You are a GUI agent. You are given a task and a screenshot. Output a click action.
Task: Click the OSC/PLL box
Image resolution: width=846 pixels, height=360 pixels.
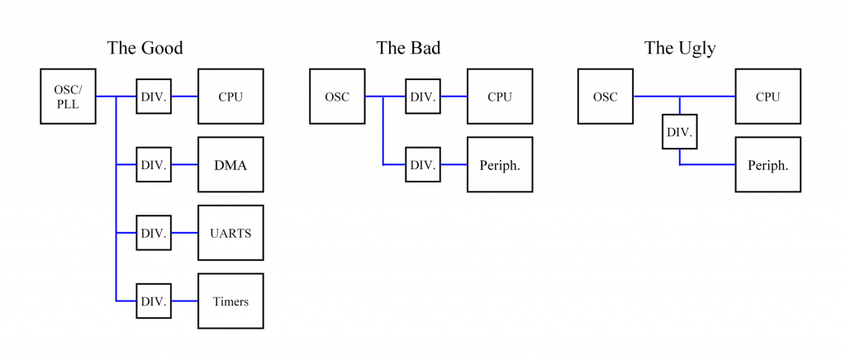[68, 97]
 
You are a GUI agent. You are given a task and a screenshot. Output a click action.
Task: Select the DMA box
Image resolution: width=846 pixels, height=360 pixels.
[231, 164]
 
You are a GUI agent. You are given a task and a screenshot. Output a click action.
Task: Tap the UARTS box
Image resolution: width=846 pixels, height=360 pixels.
[231, 233]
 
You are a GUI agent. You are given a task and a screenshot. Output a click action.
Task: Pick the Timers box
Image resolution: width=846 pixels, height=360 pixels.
[231, 301]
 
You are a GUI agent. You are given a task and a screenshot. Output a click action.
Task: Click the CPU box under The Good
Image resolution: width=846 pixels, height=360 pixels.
[231, 97]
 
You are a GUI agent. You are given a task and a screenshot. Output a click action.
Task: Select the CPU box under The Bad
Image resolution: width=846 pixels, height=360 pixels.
[500, 97]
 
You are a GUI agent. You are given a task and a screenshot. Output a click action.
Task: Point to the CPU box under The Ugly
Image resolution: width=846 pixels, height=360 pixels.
[768, 97]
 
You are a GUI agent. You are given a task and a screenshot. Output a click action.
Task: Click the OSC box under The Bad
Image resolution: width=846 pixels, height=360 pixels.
[337, 97]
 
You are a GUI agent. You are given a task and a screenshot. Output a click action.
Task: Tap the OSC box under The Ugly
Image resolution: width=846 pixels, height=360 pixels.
[606, 97]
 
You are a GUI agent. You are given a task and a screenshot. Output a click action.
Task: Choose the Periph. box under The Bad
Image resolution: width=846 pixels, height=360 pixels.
[500, 164]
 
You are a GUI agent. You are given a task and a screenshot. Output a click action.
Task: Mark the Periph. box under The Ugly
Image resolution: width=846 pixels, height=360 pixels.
[768, 164]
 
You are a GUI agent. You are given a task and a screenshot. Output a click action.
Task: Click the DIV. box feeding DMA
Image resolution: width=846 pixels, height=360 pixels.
[154, 164]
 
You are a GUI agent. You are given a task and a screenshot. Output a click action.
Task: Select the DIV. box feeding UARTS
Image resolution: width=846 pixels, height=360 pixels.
[154, 233]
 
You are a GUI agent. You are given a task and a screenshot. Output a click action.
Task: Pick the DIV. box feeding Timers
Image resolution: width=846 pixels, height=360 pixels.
[154, 301]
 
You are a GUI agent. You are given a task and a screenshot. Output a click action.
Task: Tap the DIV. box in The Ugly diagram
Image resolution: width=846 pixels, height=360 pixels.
[680, 131]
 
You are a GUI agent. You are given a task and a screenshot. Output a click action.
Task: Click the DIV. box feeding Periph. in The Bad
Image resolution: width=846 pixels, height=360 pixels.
[423, 164]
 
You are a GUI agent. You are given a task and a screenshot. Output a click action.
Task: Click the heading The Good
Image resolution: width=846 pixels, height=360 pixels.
[145, 48]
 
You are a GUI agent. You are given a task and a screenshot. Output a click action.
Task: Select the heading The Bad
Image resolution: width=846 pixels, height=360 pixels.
[408, 48]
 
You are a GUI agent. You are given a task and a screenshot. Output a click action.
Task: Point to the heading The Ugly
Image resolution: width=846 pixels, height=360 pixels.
[680, 49]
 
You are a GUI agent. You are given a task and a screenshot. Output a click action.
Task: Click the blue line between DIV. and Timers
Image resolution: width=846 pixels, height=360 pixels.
[184, 301]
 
